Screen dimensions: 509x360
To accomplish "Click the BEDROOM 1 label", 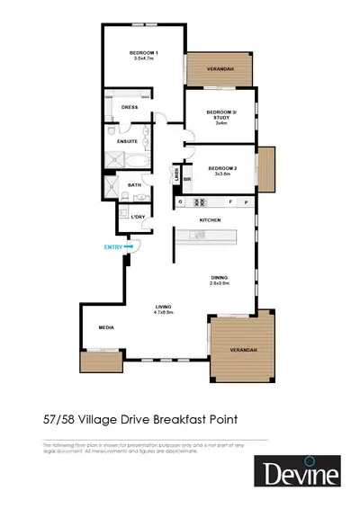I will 145,52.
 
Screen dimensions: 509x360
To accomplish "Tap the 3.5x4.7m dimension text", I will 145,58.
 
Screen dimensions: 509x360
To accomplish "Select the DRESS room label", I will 129,107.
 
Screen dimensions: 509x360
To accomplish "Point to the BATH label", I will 134,185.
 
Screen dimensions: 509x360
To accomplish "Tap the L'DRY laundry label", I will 138,219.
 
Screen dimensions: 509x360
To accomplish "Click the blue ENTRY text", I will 112,246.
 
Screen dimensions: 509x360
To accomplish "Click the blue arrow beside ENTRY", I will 129,246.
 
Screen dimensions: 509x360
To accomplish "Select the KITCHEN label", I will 210,219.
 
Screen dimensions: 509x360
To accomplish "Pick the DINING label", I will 220,277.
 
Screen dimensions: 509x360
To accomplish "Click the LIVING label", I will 163,308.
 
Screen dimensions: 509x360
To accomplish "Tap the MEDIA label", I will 105,327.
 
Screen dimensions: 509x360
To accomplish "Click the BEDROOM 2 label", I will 221,167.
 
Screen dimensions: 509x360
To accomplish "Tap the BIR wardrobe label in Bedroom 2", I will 187,180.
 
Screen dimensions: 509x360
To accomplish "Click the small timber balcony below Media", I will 100,362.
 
